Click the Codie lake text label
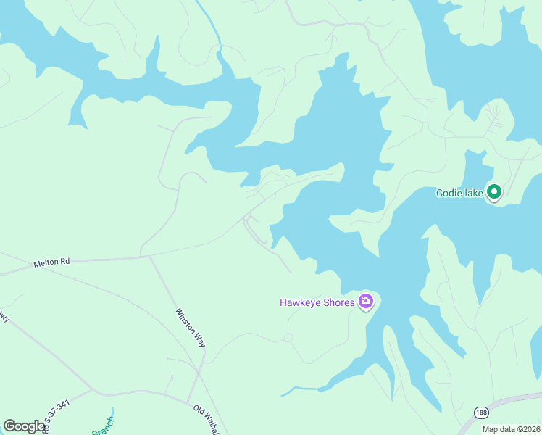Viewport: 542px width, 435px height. (x=459, y=193)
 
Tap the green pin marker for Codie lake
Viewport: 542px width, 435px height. (x=494, y=192)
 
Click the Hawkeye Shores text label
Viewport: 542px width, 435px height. (x=317, y=302)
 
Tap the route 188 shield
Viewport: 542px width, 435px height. (x=482, y=412)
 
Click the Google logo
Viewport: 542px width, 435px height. (x=25, y=426)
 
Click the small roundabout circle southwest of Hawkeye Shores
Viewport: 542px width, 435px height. (x=288, y=338)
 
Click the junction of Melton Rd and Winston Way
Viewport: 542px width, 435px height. (x=149, y=256)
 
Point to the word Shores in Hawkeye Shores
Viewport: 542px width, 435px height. (x=338, y=302)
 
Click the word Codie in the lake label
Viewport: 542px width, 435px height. (x=449, y=193)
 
